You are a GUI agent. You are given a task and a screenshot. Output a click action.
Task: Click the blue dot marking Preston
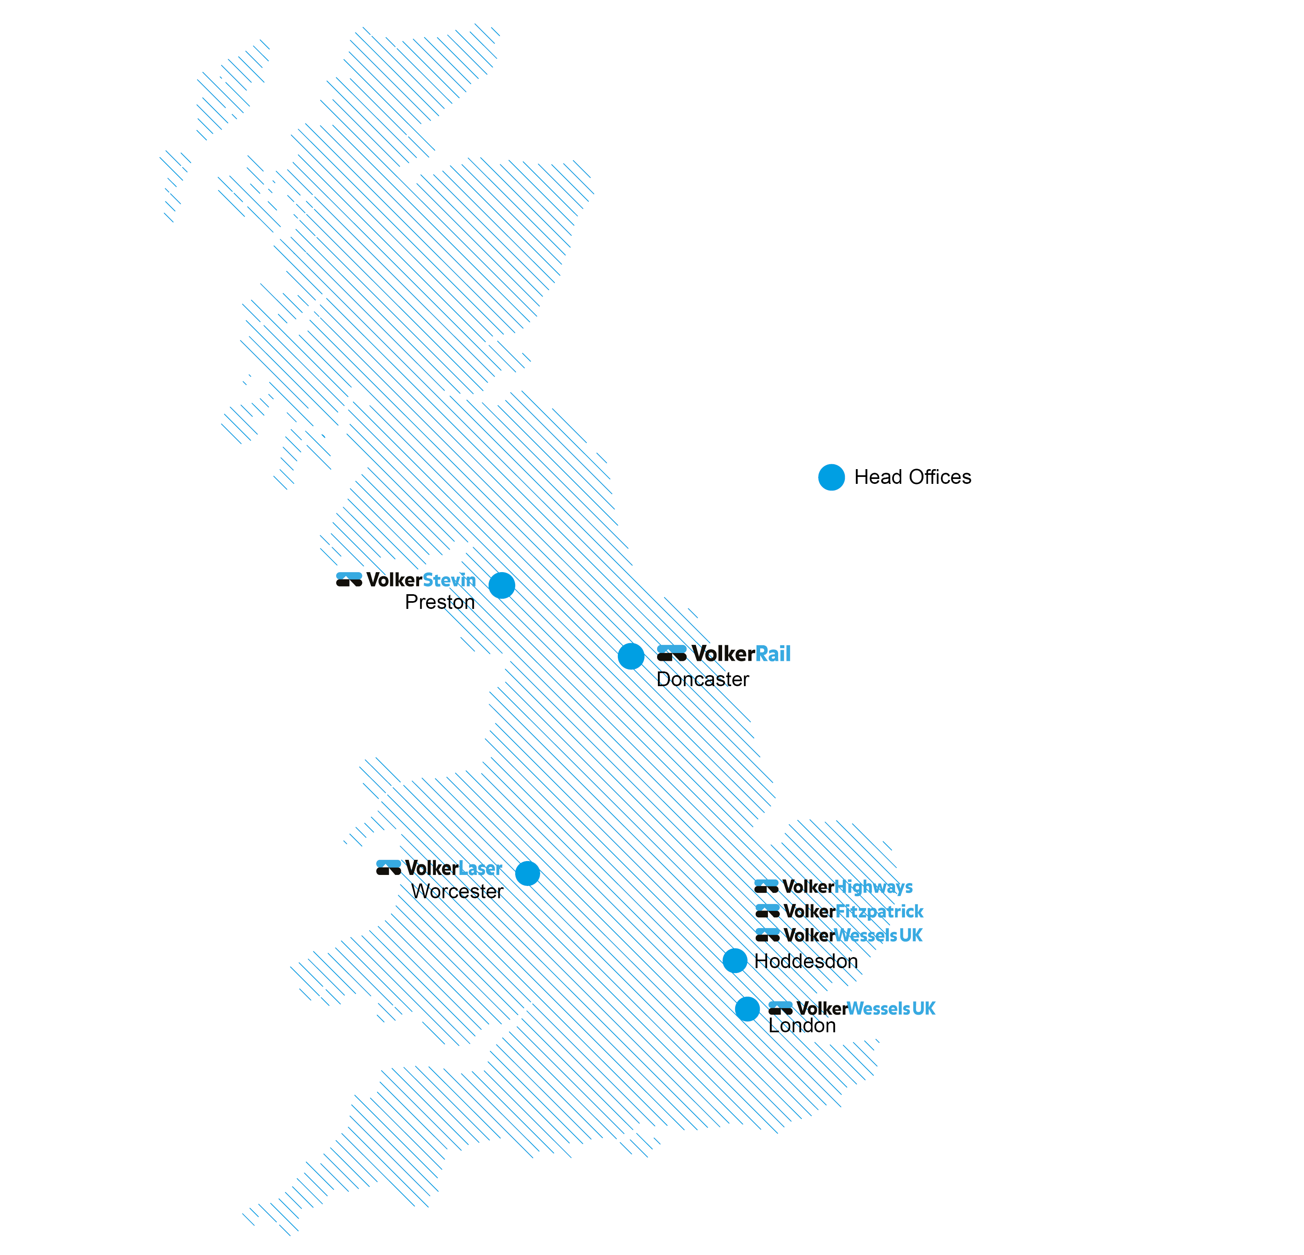point(502,585)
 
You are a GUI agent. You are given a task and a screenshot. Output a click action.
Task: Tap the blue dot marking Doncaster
point(631,656)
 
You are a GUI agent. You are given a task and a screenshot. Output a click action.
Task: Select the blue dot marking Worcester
point(527,873)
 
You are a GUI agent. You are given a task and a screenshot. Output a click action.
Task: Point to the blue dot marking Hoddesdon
point(734,960)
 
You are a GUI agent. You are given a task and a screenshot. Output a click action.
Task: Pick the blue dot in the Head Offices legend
point(831,477)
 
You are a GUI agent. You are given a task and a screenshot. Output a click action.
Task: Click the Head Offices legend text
point(912,477)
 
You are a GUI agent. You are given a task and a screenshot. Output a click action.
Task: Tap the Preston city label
point(440,602)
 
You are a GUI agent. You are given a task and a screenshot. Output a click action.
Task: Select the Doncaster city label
point(702,679)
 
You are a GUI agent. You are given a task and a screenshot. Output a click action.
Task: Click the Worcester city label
point(457,891)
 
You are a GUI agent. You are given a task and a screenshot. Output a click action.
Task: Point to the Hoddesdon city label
point(806,961)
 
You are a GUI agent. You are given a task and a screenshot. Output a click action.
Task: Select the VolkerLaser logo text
point(453,868)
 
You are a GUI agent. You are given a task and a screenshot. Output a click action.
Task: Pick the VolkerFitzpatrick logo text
point(853,911)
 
